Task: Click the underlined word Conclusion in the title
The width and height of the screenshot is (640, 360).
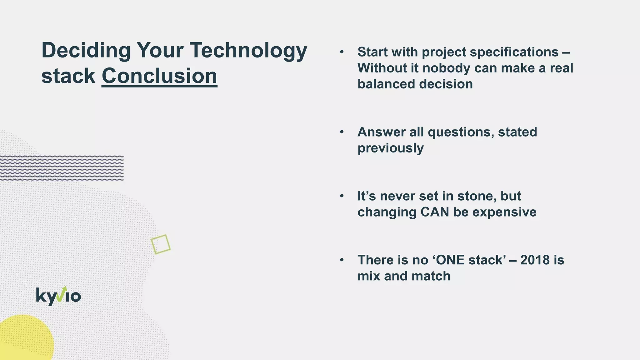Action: [x=159, y=76]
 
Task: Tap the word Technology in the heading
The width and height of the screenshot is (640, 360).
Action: [x=248, y=51]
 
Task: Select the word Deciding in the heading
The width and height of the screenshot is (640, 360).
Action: [x=86, y=51]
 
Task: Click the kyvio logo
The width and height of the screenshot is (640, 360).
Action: [x=58, y=296]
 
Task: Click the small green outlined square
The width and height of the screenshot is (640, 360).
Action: [x=161, y=244]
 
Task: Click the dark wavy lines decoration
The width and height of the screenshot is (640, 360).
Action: [x=62, y=168]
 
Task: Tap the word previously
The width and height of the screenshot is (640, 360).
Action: [x=391, y=148]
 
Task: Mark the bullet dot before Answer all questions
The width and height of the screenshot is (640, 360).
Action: [x=342, y=132]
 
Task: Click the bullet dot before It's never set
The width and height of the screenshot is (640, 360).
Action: [x=342, y=196]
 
